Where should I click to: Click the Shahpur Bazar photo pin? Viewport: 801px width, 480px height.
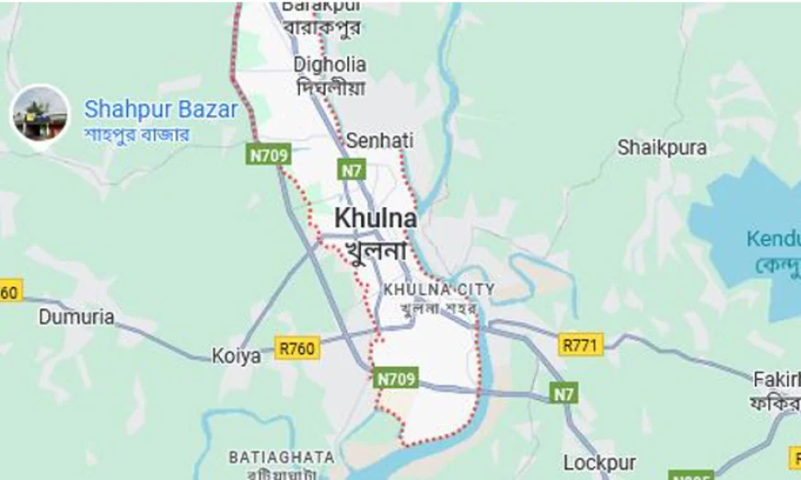(x=39, y=114)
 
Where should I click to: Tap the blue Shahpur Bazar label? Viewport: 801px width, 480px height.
(x=161, y=109)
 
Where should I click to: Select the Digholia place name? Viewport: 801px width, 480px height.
(x=330, y=64)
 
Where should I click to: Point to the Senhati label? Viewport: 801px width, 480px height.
(x=379, y=141)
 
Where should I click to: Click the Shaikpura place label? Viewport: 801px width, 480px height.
(x=662, y=147)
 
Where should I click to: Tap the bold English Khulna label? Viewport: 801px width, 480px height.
(x=375, y=219)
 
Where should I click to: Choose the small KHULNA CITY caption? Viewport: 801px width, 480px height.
(x=439, y=289)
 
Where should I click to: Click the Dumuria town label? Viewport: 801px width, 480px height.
(x=76, y=317)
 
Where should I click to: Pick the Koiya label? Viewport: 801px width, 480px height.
(x=237, y=356)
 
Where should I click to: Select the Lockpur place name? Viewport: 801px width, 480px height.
(x=599, y=463)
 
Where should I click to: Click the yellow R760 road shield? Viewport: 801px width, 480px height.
(x=297, y=348)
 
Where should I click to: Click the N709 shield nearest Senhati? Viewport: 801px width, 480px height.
(x=269, y=154)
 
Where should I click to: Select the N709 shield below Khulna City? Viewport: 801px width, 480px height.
(x=397, y=377)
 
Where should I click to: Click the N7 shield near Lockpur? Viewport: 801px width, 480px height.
(x=564, y=394)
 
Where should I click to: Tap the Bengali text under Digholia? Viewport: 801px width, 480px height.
(x=331, y=88)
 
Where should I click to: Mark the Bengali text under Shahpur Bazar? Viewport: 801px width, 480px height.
(x=137, y=134)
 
